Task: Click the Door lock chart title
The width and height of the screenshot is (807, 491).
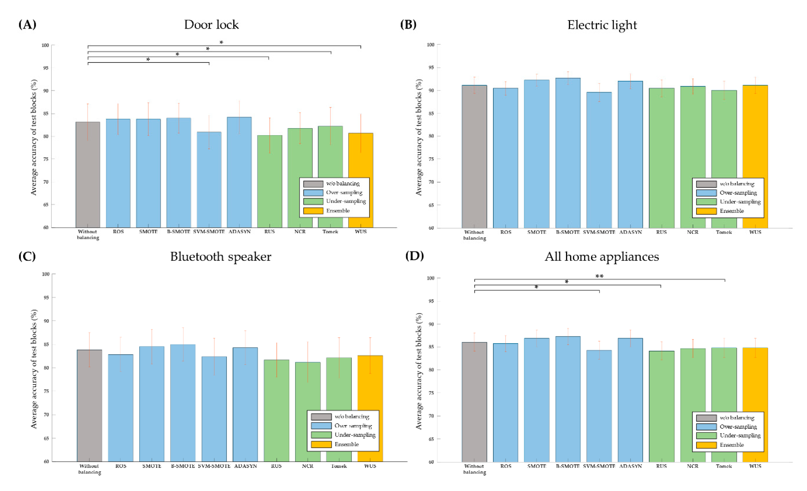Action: [211, 25]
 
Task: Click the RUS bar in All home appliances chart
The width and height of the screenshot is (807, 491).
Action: [661, 406]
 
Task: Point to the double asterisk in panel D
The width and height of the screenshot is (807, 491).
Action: [599, 276]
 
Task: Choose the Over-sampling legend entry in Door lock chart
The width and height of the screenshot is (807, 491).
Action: [344, 192]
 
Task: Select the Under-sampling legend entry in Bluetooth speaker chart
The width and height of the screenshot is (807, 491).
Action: [355, 435]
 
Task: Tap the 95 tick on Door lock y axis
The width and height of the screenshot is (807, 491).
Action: [46, 68]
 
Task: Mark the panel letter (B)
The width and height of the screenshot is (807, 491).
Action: [408, 25]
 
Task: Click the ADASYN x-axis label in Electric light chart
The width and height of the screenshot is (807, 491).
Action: [630, 232]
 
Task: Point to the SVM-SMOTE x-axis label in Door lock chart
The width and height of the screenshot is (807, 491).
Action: [209, 231]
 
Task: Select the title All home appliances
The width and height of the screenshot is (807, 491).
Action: [602, 256]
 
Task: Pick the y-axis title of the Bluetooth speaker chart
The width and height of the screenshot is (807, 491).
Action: [34, 369]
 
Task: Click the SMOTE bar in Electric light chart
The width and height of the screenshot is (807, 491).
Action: [537, 154]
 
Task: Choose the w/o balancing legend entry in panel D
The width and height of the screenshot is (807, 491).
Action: [737, 418]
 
